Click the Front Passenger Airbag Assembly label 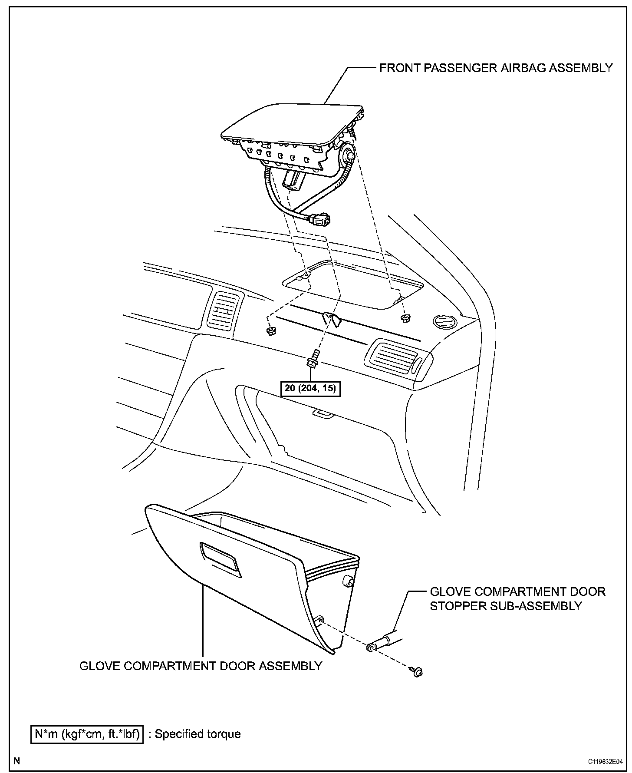(496, 68)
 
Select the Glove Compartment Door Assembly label (201, 666)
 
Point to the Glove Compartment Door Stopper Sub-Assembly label (517, 598)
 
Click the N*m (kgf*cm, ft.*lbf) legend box (87, 734)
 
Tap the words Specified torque (197, 734)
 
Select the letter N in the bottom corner (16, 760)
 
